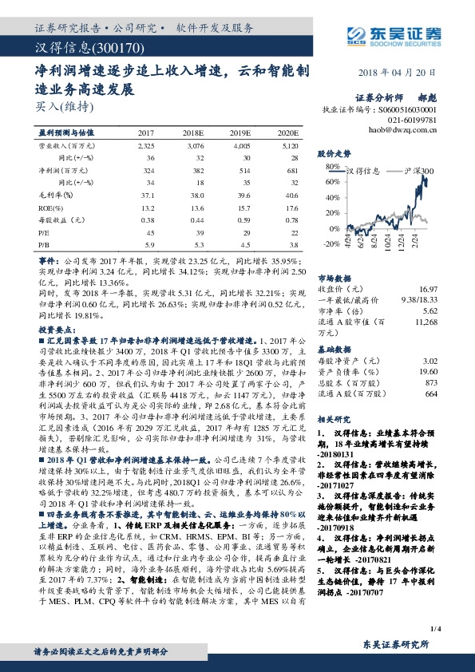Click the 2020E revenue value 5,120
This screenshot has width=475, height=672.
coord(289,148)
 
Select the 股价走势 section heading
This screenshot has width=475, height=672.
coord(334,152)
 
